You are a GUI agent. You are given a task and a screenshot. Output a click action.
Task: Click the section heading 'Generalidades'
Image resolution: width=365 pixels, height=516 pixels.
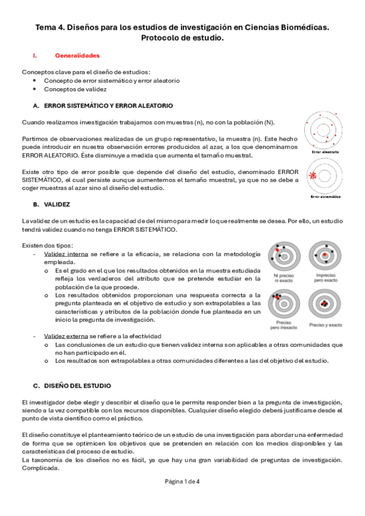(77, 55)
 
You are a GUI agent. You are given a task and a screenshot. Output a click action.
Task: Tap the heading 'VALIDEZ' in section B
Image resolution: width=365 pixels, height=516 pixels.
(57, 204)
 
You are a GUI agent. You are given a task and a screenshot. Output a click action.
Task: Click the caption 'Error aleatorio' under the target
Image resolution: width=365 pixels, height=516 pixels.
(325, 152)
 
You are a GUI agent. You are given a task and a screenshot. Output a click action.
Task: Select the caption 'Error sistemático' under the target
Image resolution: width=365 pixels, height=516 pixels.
(325, 197)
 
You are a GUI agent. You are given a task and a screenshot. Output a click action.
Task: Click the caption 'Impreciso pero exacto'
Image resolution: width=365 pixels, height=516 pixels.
(325, 279)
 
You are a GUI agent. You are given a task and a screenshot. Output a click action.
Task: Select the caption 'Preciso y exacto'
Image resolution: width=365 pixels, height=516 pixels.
(325, 324)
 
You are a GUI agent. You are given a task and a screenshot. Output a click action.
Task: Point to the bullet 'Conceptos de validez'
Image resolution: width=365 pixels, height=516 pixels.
(75, 89)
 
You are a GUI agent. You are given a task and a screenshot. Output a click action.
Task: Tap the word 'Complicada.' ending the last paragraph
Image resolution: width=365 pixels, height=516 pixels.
(38, 468)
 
